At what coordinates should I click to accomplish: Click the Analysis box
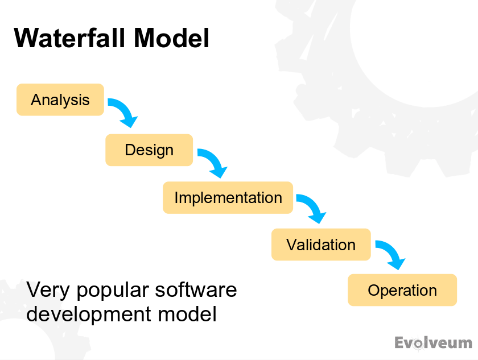coord(60,100)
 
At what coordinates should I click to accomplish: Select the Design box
coord(149,150)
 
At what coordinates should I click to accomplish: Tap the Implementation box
coord(228,198)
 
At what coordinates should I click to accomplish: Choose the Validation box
coord(321,245)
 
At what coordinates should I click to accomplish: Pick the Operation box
coord(402,291)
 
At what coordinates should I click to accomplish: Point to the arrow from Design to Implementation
coord(213,162)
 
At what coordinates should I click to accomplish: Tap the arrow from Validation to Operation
coord(390,254)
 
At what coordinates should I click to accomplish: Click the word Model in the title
coord(171,39)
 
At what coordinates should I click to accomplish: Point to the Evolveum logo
coord(433,343)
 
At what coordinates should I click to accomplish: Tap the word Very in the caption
coord(48,290)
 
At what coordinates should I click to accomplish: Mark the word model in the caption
coord(188,315)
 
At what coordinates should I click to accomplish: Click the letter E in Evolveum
coord(400,343)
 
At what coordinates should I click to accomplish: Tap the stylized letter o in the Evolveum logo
coord(419,344)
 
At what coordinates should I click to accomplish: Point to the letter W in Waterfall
coord(26,39)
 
